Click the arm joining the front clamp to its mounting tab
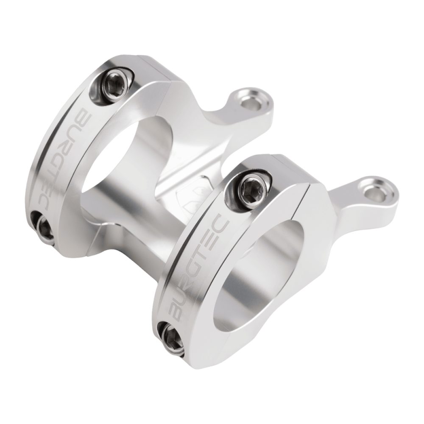coord(339,208)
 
